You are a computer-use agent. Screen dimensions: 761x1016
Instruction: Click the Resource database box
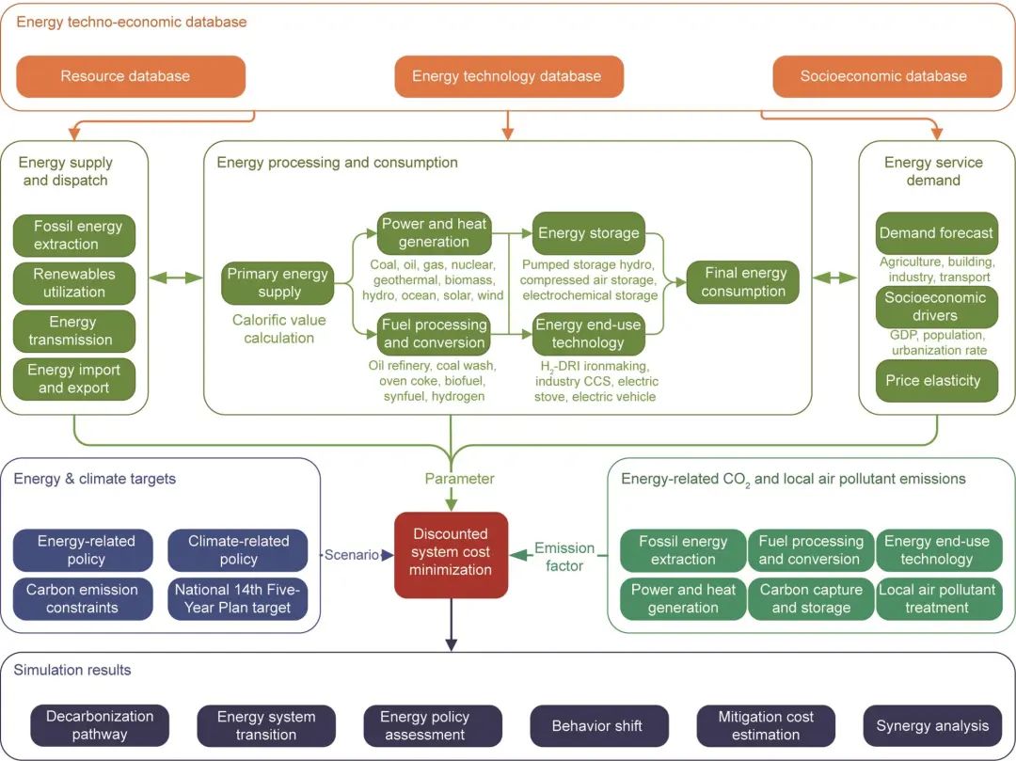pyautogui.click(x=125, y=76)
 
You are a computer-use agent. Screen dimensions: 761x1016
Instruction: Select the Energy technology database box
pyautogui.click(x=508, y=76)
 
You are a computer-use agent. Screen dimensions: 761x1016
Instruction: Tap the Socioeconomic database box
pyautogui.click(x=883, y=76)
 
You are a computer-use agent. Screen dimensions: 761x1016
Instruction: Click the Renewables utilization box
pyautogui.click(x=74, y=283)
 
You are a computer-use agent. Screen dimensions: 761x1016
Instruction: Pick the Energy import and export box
pyautogui.click(x=74, y=379)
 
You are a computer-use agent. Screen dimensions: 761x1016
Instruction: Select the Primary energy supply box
pyautogui.click(x=279, y=283)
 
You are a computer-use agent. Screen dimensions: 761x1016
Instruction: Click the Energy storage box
pyautogui.click(x=588, y=233)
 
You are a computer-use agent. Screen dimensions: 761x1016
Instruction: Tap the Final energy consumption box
pyautogui.click(x=743, y=282)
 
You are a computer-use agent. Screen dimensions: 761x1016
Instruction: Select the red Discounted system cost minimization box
pyautogui.click(x=452, y=555)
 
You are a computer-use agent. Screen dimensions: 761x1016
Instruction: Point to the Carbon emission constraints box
pyautogui.click(x=84, y=599)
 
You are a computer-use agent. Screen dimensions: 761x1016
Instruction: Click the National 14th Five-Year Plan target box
pyautogui.click(x=238, y=599)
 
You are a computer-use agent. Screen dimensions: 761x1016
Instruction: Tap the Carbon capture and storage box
pyautogui.click(x=811, y=599)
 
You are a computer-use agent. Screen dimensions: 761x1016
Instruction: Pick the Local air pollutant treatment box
pyautogui.click(x=937, y=599)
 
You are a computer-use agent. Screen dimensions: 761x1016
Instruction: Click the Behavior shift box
pyautogui.click(x=598, y=726)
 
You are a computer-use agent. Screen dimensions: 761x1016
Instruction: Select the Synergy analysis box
pyautogui.click(x=932, y=726)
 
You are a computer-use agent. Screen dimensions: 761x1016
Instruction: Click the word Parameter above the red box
pyautogui.click(x=459, y=479)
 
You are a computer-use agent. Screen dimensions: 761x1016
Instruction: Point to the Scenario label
pyautogui.click(x=352, y=555)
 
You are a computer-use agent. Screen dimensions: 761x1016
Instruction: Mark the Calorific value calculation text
pyautogui.click(x=279, y=329)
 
